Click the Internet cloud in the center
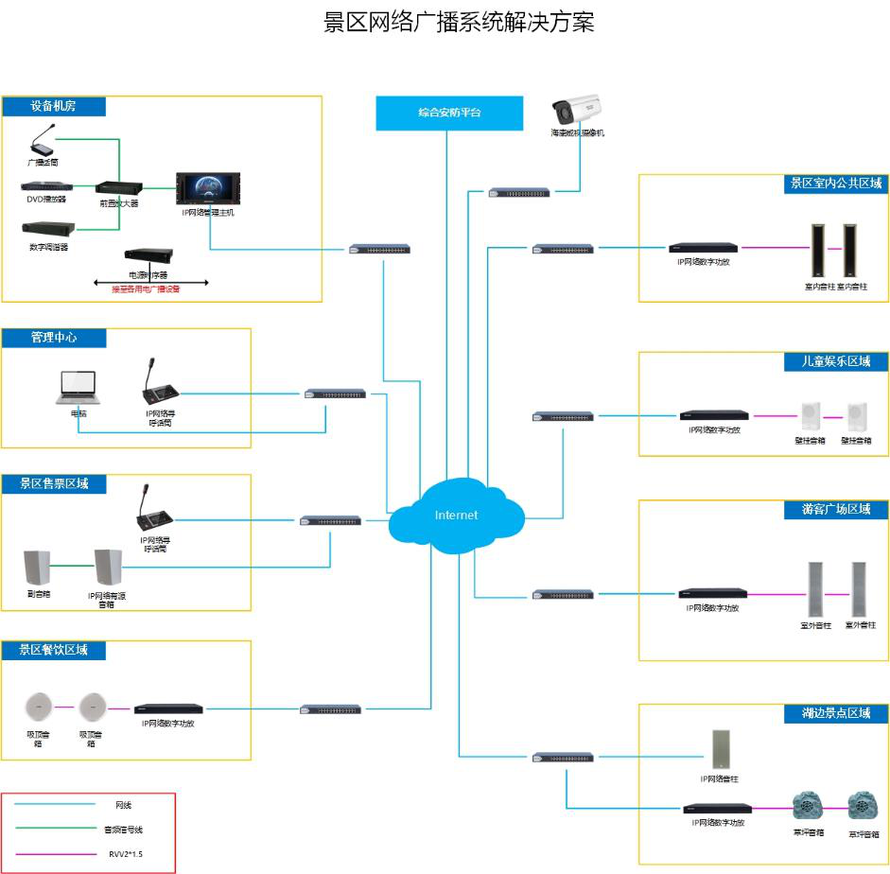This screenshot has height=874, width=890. (x=457, y=515)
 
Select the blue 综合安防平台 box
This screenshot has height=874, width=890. (x=449, y=113)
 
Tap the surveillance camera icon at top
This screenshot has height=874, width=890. (x=577, y=109)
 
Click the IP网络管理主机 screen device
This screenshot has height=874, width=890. (x=208, y=189)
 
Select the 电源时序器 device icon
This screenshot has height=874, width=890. (x=149, y=257)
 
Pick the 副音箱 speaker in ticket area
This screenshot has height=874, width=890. (x=38, y=567)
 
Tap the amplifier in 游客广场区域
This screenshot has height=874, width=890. (x=712, y=594)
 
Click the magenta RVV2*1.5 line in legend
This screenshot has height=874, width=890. (x=57, y=853)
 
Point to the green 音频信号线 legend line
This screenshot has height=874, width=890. (x=57, y=829)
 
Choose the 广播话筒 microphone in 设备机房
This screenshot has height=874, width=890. (x=43, y=145)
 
